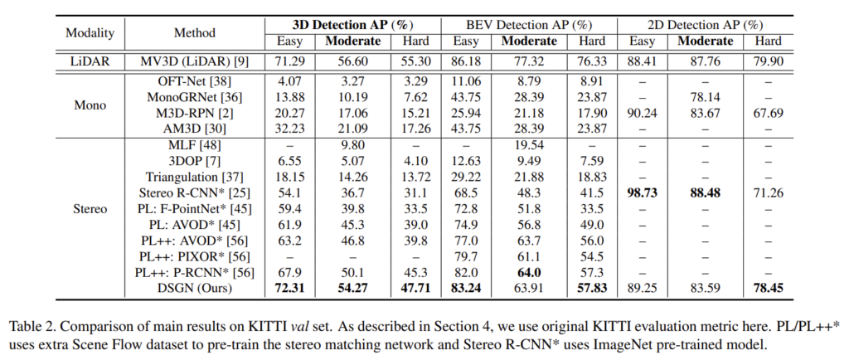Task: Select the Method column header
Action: (x=195, y=33)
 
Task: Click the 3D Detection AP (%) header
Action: (x=351, y=23)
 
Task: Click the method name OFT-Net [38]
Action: (x=195, y=80)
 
